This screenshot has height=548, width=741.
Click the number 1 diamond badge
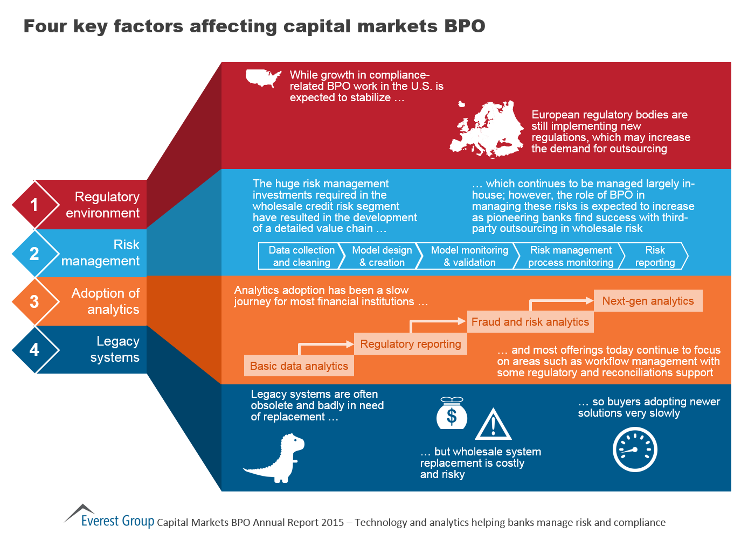click(x=34, y=205)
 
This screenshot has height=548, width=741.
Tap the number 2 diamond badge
click(x=34, y=254)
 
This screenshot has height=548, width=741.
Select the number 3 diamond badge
click(x=34, y=301)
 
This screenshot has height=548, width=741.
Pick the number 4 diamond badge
click(x=34, y=350)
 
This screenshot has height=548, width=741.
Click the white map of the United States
click(x=263, y=78)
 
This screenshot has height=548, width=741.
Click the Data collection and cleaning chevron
click(x=301, y=256)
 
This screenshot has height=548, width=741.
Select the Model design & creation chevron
click(x=382, y=256)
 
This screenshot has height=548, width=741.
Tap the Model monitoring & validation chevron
click(x=469, y=256)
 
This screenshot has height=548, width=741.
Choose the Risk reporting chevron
click(x=655, y=256)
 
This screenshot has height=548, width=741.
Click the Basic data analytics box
click(x=299, y=366)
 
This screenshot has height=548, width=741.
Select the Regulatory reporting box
click(x=411, y=344)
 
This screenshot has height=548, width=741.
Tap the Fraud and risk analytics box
click(x=530, y=322)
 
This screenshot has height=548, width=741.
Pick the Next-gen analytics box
click(x=648, y=301)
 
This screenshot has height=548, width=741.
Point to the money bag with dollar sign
click(x=452, y=413)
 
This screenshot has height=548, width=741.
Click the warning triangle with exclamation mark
click(x=493, y=425)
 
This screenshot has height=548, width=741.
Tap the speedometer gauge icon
click(x=635, y=449)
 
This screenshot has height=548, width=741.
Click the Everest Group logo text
click(x=117, y=521)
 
